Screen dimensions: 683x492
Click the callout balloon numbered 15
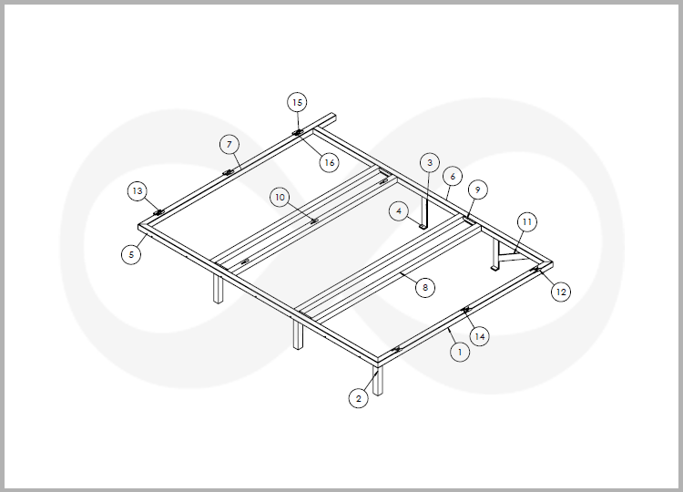pos(297,102)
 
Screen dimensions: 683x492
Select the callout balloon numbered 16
pos(330,162)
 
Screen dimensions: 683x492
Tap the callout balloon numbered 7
pos(229,144)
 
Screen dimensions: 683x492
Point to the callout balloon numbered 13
pos(138,190)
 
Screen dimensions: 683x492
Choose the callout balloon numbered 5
pos(131,254)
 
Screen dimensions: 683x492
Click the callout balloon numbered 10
pos(280,198)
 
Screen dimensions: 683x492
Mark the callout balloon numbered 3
pos(430,162)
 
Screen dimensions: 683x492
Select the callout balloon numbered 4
pos(399,211)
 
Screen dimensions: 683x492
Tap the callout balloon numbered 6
pos(453,177)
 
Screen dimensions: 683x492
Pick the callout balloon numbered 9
pos(478,190)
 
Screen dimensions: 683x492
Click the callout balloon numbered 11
pos(527,221)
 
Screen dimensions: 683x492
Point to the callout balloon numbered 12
pos(561,292)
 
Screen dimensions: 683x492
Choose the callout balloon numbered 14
pos(480,336)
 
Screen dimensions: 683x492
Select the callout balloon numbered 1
pos(460,352)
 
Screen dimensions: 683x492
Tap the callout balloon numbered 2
pos(359,398)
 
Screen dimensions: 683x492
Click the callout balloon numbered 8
pos(425,287)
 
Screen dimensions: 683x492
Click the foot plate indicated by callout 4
pos(422,226)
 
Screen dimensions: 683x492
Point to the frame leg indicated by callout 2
pos(378,380)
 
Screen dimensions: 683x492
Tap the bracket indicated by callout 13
pos(159,212)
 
